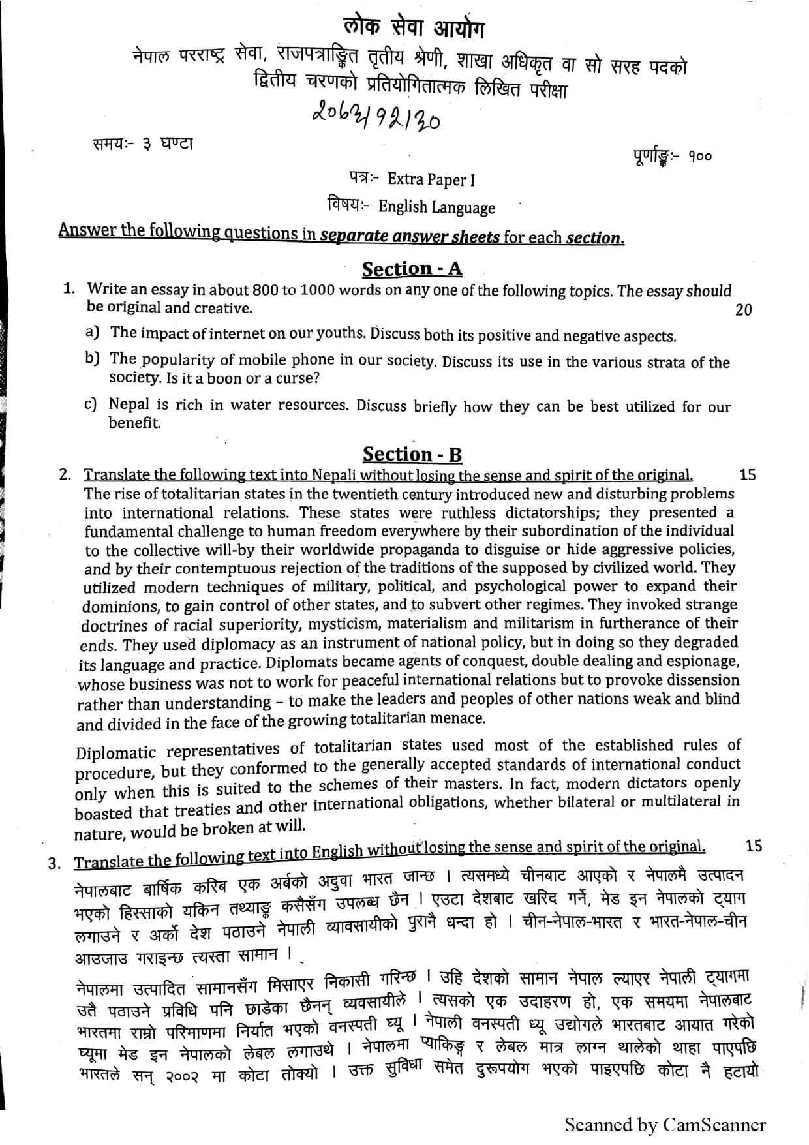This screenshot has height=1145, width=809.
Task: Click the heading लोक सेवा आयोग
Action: click(415, 29)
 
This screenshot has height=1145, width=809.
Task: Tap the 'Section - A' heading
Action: click(412, 269)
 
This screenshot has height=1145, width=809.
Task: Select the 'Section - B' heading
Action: click(412, 454)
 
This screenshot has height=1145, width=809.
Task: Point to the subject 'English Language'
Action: click(436, 208)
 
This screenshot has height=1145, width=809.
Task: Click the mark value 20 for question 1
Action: click(743, 310)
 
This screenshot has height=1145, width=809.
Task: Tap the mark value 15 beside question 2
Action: click(748, 475)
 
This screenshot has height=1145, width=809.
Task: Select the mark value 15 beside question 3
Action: click(753, 846)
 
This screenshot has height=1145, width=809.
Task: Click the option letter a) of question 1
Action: click(93, 332)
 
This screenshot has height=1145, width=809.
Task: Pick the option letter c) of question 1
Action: click(91, 405)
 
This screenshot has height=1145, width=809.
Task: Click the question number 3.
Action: click(55, 863)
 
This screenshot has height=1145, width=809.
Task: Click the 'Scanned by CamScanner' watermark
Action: click(665, 1125)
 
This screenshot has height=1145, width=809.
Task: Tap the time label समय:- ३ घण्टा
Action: click(142, 144)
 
